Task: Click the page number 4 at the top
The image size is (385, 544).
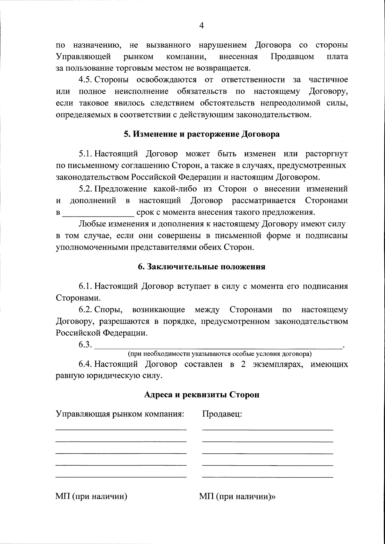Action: point(201,26)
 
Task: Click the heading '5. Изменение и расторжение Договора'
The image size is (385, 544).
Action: point(202,134)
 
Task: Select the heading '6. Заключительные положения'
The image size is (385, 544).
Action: point(202,267)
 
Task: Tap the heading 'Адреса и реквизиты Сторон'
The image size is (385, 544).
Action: point(202,394)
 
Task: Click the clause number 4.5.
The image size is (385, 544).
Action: point(86,79)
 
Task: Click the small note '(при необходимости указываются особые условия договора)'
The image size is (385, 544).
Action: point(220,354)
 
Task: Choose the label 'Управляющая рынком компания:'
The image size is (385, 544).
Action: point(120,414)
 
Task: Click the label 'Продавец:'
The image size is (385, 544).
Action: point(222,414)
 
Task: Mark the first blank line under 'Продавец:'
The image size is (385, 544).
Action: point(268,430)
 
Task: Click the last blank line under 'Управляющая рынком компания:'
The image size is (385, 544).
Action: point(121,477)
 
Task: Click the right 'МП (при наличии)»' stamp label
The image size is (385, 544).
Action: point(237,505)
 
